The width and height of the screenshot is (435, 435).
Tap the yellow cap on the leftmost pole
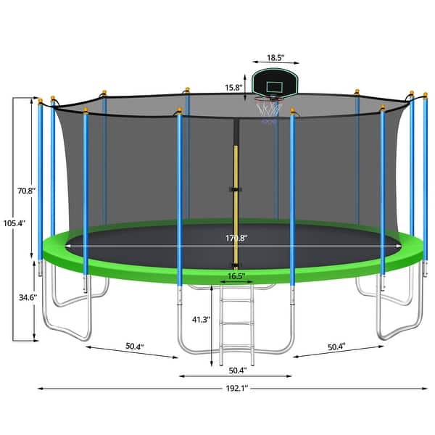41,100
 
